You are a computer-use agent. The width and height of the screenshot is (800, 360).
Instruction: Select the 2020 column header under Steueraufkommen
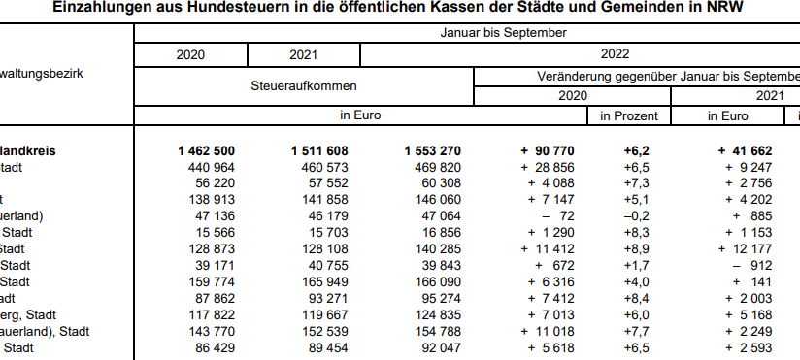click(x=190, y=55)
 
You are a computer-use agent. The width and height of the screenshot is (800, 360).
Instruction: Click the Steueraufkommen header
click(x=303, y=85)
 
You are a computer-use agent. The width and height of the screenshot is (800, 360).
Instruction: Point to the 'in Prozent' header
click(x=628, y=115)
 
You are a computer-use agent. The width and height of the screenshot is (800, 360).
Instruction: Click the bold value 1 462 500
click(x=206, y=151)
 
